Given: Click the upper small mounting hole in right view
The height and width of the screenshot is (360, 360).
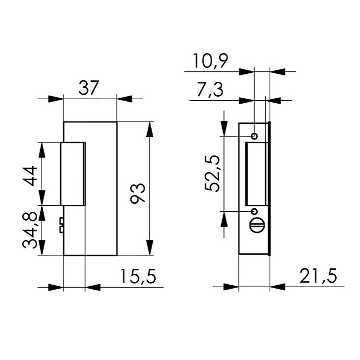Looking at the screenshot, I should pyautogui.click(x=254, y=136).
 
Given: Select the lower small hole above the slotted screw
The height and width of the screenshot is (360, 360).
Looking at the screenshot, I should pyautogui.click(x=254, y=210).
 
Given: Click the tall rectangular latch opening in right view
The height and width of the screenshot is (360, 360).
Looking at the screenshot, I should pyautogui.click(x=257, y=174).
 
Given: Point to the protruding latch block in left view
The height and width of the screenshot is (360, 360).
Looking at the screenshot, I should pyautogui.click(x=73, y=174).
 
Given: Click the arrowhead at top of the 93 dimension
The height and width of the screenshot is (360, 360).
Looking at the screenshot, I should pyautogui.click(x=150, y=128).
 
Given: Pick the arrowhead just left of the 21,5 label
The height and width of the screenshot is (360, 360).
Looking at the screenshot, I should pyautogui.click(x=278, y=287).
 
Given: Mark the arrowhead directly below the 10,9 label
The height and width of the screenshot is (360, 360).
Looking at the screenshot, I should pyautogui.click(x=246, y=72).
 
